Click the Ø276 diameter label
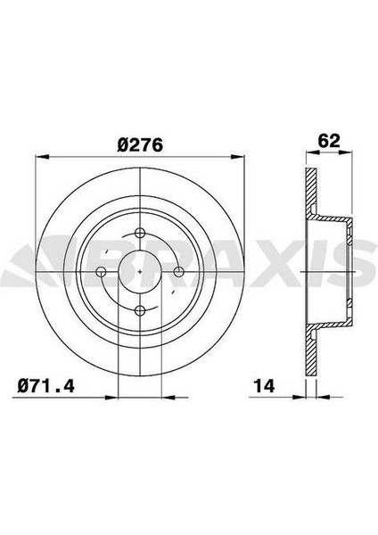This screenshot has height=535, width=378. pyautogui.click(x=140, y=145)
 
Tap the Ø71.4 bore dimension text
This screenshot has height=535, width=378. pyautogui.click(x=45, y=386)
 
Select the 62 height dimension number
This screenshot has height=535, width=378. pyautogui.click(x=329, y=141)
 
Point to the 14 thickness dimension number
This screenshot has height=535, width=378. pyautogui.click(x=264, y=386)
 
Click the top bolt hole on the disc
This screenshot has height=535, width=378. pyautogui.click(x=140, y=234)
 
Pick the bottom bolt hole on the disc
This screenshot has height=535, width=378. pyautogui.click(x=140, y=310)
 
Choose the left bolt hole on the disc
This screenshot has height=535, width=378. pyautogui.click(x=102, y=272)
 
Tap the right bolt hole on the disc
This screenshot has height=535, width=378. pyautogui.click(x=179, y=272)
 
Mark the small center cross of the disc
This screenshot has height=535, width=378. pyautogui.click(x=140, y=272)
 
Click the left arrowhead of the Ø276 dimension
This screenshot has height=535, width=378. pyautogui.click(x=42, y=157)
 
